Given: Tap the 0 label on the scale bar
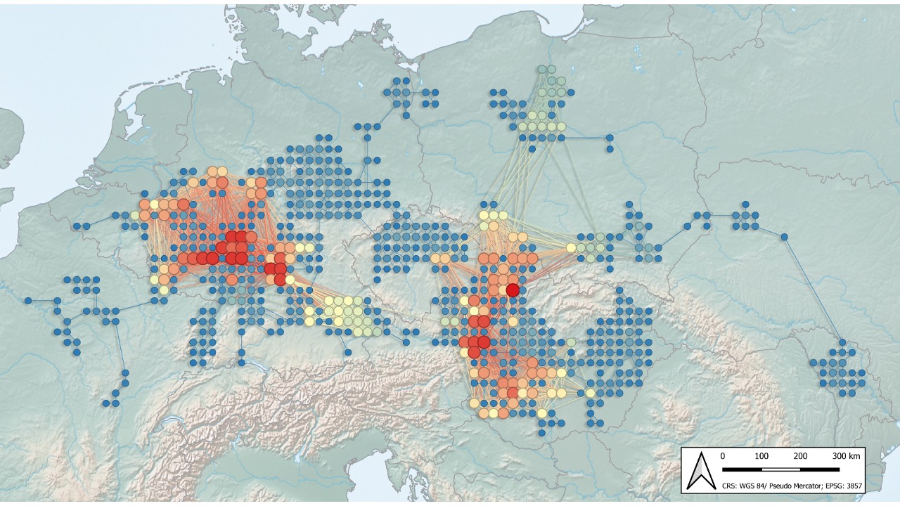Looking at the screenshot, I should point(723,456).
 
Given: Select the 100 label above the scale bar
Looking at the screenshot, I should point(761,456).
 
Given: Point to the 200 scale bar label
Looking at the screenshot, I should point(800,456).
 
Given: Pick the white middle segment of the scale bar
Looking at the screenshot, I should point(781,469).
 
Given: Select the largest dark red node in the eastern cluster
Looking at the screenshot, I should point(513,290).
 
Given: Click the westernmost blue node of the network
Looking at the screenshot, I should point(28,301).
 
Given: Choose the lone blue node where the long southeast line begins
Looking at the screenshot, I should point(784,237).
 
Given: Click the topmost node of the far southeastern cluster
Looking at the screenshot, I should point(842,343).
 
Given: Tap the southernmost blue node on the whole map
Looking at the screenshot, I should point(542,432).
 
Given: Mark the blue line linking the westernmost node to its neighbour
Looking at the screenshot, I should point(43,301).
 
